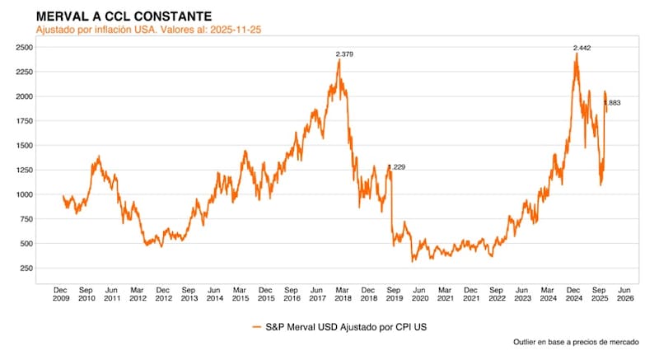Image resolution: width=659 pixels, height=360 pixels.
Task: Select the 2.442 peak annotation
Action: pos(582,48)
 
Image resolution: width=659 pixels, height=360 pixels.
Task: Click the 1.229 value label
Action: pos(396,167)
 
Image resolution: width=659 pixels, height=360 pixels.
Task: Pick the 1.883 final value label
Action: pos(612,103)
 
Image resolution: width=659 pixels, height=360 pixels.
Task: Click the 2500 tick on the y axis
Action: pos(26,47)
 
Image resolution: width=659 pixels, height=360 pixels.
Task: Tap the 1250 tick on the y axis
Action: pos(26,171)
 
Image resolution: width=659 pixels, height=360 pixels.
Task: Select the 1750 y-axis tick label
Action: pos(26,121)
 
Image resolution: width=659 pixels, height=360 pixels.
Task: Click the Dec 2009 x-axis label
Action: pos(61,295)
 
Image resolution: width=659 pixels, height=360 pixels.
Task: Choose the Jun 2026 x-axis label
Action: pos(624,295)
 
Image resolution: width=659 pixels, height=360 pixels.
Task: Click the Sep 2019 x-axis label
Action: pos(395,295)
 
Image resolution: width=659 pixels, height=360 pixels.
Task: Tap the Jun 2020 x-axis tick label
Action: pos(420,295)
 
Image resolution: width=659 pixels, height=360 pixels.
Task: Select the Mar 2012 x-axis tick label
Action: pos(138,295)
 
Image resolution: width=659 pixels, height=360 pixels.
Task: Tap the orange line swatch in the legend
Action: pos(258,328)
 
